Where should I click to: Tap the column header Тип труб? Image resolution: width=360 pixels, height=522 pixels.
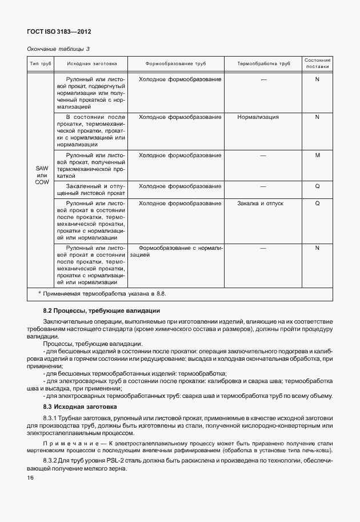click(41, 63)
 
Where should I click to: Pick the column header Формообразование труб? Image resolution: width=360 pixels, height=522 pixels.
click(175, 63)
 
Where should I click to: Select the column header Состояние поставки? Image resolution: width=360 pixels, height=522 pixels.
click(317, 63)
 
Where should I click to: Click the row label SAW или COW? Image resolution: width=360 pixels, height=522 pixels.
click(42, 175)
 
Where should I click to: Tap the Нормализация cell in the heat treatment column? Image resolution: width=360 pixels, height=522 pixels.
click(258, 117)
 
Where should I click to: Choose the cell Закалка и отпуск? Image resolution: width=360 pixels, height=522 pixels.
click(260, 204)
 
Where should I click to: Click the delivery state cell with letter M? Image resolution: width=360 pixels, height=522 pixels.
click(317, 155)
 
